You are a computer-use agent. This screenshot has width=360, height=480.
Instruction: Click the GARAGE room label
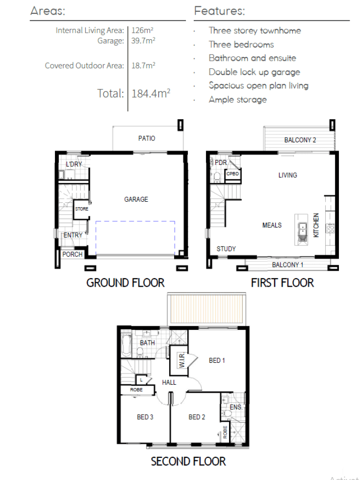[x=136, y=199]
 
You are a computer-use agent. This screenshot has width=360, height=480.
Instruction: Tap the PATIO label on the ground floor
[x=147, y=138]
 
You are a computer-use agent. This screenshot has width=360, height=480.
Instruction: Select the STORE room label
[x=82, y=209]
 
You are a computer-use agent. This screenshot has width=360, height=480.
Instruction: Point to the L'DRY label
[x=74, y=164]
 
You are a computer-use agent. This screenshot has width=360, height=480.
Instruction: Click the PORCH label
[x=73, y=254]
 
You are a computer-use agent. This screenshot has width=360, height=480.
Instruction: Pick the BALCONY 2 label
[x=300, y=140]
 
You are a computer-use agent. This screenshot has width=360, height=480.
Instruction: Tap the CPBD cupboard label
[x=232, y=174]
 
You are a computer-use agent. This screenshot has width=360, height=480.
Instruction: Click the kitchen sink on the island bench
[x=302, y=230]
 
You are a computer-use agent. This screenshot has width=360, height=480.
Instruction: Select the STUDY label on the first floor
[x=226, y=249]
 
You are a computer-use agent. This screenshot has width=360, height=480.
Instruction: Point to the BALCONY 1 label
[x=287, y=265]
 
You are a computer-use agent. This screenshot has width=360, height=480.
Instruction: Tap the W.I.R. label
[x=181, y=360]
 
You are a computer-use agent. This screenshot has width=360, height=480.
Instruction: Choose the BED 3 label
[x=145, y=417]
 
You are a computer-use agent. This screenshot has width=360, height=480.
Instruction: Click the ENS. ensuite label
[x=236, y=407]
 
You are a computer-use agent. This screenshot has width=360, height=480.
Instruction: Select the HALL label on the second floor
[x=169, y=382]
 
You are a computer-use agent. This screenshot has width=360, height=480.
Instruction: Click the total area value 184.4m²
[x=151, y=93]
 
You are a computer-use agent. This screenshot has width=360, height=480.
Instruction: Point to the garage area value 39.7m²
[x=143, y=41]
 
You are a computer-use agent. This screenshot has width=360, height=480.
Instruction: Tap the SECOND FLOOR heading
[x=188, y=461]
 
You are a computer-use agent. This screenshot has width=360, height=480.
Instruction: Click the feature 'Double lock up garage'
[x=255, y=72]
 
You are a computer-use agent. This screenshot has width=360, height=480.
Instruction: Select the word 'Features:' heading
[x=220, y=11]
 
